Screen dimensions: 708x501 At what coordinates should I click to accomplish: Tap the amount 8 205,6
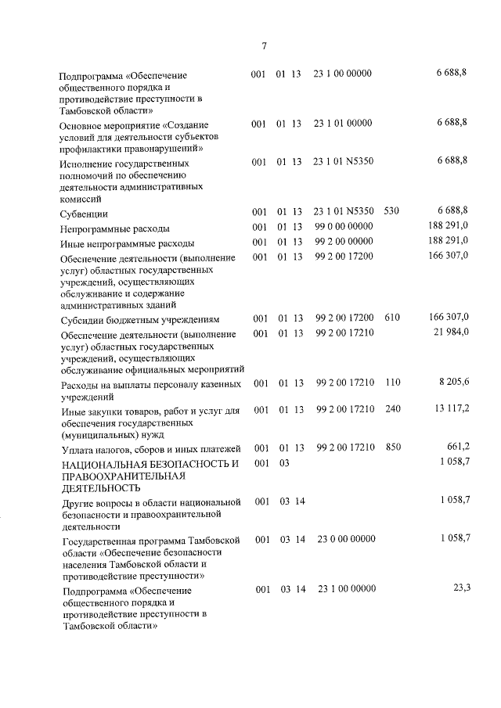point(452,383)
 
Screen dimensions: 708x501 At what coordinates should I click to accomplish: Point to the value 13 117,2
point(450,408)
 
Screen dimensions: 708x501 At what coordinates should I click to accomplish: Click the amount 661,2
point(457,447)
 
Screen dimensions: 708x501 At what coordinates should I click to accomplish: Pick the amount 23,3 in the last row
point(461,588)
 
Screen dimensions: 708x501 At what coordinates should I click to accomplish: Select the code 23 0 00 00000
point(347,538)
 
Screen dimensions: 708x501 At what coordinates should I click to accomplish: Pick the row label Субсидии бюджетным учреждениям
point(140,320)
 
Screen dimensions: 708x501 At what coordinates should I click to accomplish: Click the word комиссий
point(82,199)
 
